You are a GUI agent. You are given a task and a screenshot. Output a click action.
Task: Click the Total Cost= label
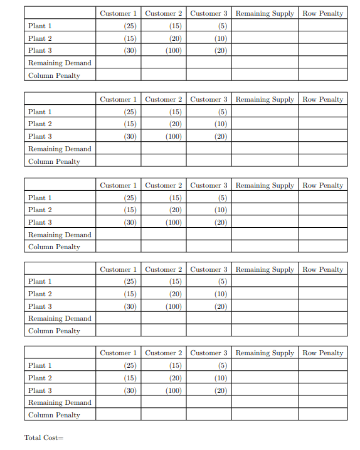[x=44, y=437]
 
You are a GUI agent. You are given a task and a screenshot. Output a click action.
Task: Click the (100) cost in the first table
[x=174, y=51]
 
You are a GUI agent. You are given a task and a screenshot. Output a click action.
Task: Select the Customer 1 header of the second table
[x=118, y=99]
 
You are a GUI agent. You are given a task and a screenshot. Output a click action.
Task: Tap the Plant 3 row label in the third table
[x=40, y=222]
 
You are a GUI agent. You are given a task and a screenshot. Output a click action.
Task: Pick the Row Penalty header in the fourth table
[x=322, y=269]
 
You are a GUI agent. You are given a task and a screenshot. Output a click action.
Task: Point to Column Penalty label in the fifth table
[x=54, y=415]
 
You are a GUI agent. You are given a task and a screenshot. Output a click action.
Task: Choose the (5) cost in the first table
[x=222, y=26]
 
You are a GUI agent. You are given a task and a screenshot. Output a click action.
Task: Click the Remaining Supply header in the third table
[x=265, y=185]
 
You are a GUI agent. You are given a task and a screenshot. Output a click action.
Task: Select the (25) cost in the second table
[x=130, y=112]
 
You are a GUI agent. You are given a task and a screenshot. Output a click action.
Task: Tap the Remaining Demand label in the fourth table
[x=60, y=318]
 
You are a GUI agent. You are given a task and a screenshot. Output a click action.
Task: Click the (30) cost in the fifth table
[x=130, y=390]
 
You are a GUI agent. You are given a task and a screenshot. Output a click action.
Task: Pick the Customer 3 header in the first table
[x=208, y=13]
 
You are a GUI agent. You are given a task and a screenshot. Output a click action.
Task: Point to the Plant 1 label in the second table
[x=40, y=112]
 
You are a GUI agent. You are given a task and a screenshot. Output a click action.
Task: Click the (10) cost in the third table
[x=220, y=210]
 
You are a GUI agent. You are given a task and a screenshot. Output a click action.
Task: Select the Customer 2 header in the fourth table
[x=163, y=269]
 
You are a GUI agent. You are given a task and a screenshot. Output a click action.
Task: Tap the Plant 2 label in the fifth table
[x=40, y=378]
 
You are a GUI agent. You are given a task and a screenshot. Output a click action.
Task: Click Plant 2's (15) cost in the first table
[x=130, y=38]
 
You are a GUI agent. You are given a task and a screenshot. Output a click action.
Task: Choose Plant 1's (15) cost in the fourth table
[x=175, y=281]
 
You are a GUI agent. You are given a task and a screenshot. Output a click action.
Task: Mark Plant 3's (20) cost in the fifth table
[x=220, y=390]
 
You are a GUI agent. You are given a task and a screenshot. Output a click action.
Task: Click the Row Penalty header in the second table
[x=322, y=99]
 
